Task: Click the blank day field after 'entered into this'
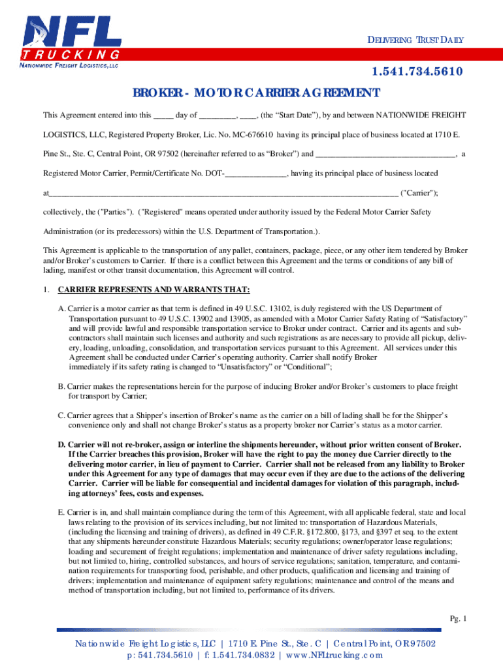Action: coord(163,115)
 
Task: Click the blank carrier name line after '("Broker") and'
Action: coord(385,155)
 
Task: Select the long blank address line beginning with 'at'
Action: coord(222,194)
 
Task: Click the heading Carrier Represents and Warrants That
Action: coord(154,290)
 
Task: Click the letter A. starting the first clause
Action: coord(61,309)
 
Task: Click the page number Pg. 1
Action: coord(457,618)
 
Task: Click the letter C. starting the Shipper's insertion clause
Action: coord(61,416)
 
